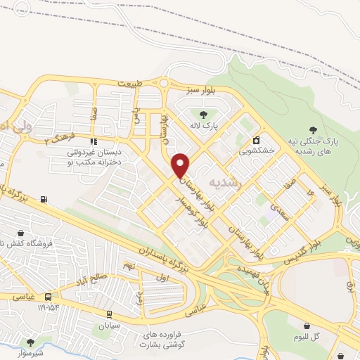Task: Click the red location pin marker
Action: tap(181, 165)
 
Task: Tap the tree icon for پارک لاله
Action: tap(204, 114)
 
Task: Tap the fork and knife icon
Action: tap(94, 141)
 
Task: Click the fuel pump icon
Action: tap(45, 199)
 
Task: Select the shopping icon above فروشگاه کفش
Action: tap(20, 233)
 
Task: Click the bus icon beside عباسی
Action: tap(48, 297)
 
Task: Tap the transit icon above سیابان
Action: tap(109, 314)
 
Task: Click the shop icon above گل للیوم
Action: tap(308, 325)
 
